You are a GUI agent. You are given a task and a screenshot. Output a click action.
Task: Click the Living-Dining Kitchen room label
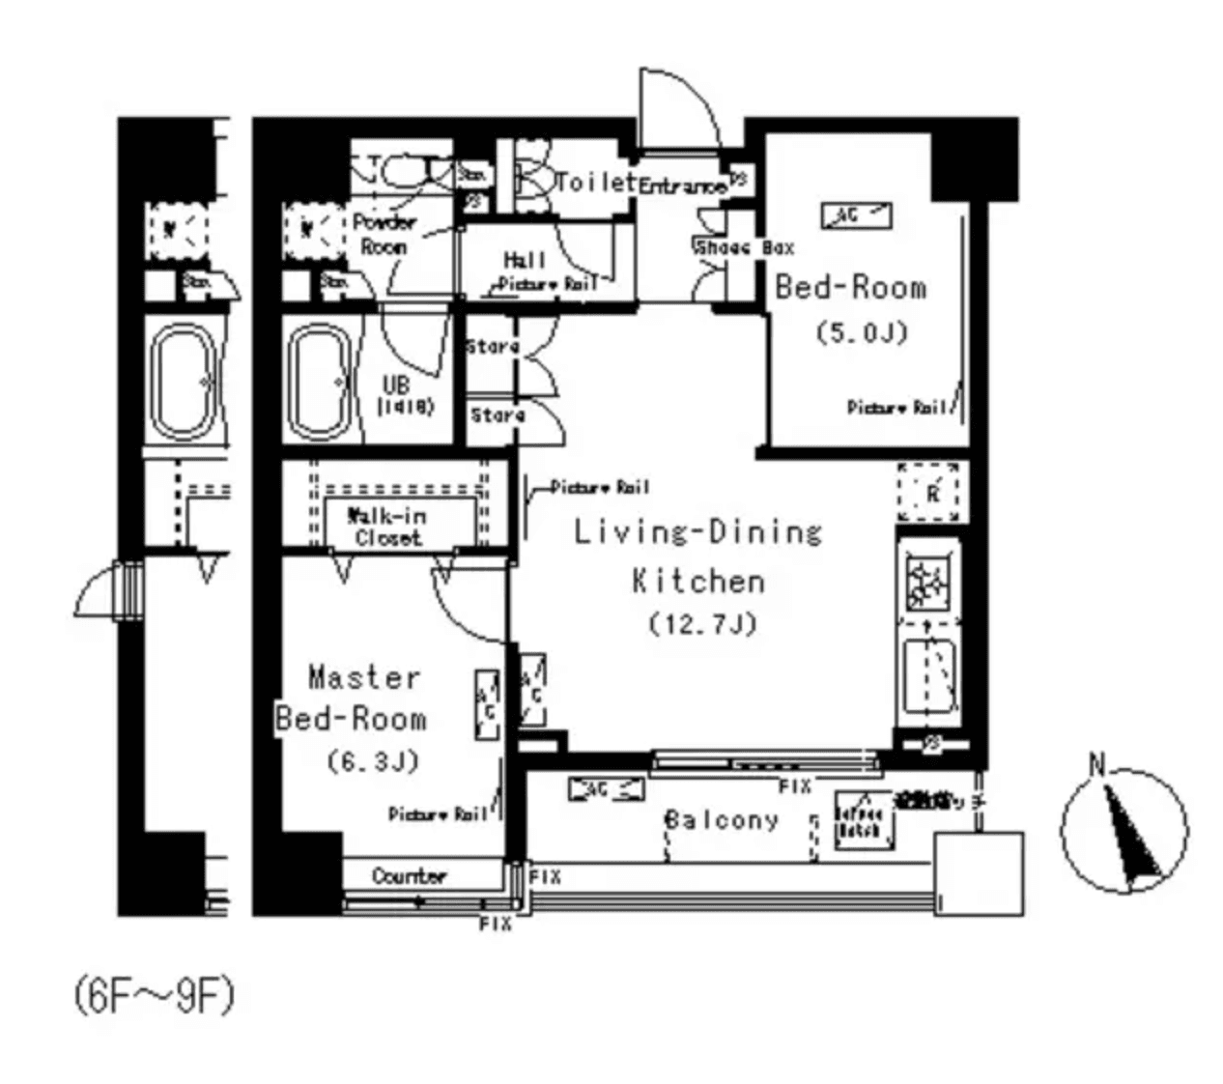pos(697,556)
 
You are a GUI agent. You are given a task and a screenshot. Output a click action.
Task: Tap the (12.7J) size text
pos(701,624)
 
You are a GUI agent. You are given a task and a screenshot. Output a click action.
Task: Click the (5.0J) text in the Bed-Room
pos(861,333)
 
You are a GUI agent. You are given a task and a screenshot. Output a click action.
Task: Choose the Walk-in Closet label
pos(387,527)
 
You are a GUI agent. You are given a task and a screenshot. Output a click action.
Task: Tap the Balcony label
pos(721,820)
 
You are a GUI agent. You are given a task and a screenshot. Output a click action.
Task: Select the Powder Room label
pos(384,234)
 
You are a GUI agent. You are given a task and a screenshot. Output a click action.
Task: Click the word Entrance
pos(681,186)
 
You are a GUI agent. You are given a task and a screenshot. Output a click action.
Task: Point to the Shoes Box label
pos(744,247)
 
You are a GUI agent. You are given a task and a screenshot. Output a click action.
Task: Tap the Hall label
pos(525,260)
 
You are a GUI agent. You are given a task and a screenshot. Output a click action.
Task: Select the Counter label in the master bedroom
pos(410,876)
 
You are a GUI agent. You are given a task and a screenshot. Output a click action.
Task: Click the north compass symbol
pos(1124,829)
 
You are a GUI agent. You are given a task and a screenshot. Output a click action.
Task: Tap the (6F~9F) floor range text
pos(154,997)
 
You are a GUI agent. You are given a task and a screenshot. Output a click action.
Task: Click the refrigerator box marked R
pos(930,492)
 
